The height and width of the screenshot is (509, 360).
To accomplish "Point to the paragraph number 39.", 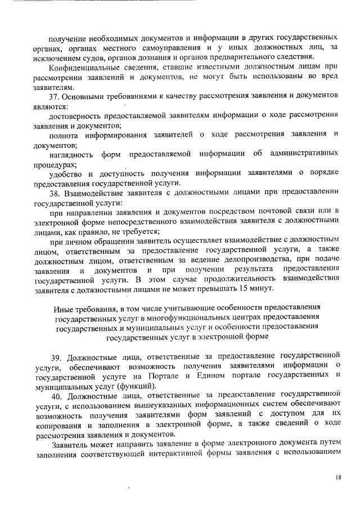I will pos(55,356).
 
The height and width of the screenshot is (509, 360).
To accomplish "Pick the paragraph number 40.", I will pos(55,395).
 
